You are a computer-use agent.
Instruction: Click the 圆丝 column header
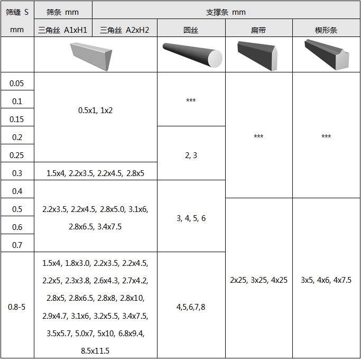(x=191, y=30)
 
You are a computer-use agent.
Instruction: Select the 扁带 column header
(x=258, y=30)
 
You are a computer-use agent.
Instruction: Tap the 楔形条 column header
(x=326, y=30)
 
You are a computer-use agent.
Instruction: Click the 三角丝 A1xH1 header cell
(x=62, y=30)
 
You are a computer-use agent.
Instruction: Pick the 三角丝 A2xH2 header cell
(x=124, y=30)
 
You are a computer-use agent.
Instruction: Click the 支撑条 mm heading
(x=226, y=12)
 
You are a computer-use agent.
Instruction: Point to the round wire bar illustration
(x=192, y=55)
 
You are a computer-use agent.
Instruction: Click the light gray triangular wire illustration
(x=91, y=57)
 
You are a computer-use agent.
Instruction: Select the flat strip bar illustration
(x=257, y=56)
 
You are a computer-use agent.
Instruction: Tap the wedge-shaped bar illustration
(x=327, y=54)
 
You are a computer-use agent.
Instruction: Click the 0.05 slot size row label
(x=16, y=84)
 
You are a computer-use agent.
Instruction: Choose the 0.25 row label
(x=16, y=155)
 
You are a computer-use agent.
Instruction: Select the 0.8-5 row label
(x=16, y=307)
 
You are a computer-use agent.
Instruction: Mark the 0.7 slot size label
(x=17, y=245)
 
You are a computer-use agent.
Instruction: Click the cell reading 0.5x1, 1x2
(x=95, y=110)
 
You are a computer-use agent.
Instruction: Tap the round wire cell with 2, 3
(x=191, y=155)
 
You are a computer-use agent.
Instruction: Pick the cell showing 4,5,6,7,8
(x=191, y=307)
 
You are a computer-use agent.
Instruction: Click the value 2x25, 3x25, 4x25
(x=259, y=280)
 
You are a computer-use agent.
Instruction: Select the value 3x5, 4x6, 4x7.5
(x=326, y=280)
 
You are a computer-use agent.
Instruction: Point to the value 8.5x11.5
(x=95, y=351)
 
